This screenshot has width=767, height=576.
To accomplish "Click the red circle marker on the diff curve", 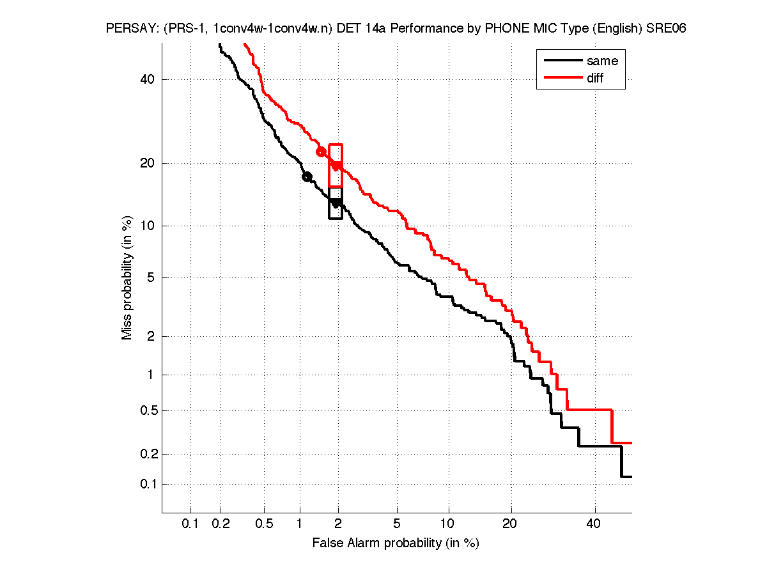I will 322,152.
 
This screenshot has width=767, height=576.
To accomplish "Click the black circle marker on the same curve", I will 307,176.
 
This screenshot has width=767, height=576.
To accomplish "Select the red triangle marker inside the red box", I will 336,166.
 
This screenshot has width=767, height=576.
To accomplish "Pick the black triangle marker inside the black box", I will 336,203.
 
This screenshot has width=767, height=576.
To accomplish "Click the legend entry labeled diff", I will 595,78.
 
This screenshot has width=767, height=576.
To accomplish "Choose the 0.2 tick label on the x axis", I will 221,524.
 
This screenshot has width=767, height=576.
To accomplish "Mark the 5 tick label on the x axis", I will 397,524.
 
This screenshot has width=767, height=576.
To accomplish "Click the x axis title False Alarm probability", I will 396,543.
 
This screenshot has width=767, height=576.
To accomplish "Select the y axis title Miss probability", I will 128,276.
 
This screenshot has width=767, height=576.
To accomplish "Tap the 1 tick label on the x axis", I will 300,524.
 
